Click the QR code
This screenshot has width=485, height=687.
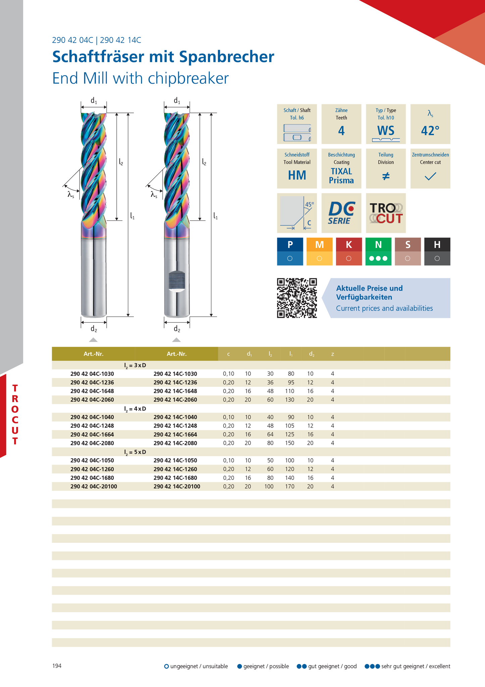click(x=297, y=298)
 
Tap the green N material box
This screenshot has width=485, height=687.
click(x=378, y=252)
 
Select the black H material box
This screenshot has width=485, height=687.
click(x=437, y=252)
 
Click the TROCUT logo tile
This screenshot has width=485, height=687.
click(x=386, y=213)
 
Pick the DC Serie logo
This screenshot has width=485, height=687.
click(x=341, y=213)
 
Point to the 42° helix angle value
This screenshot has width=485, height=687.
click(x=430, y=130)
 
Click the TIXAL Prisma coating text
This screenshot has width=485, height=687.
click(x=341, y=176)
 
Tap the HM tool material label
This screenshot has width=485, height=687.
click(x=297, y=175)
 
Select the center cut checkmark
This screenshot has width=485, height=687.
click(x=430, y=176)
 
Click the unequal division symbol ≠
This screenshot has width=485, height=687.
click(x=386, y=176)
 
